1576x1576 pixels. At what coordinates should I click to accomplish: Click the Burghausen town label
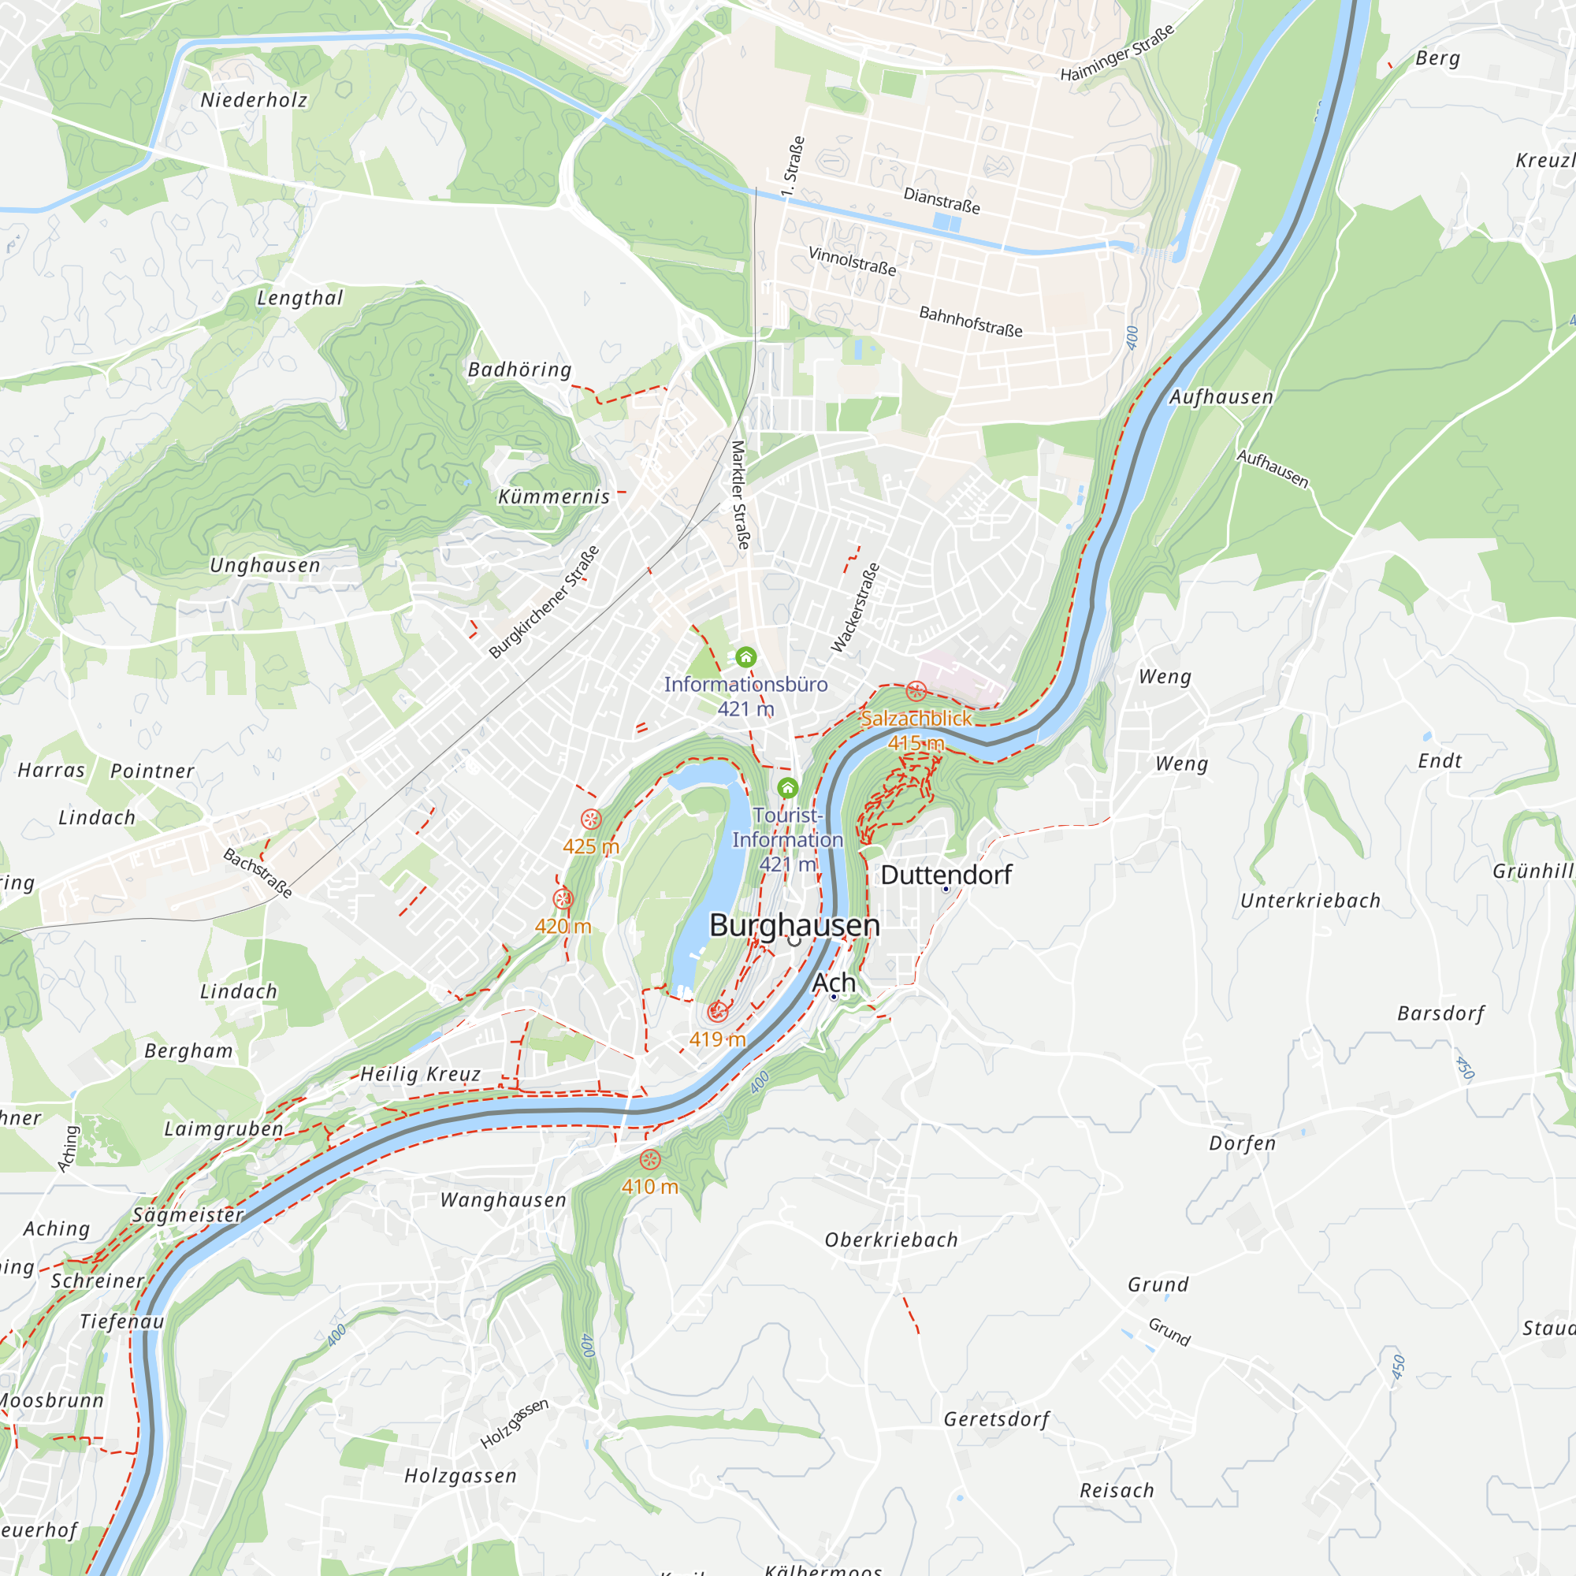pos(794,925)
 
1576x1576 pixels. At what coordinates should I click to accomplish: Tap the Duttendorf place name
pos(946,875)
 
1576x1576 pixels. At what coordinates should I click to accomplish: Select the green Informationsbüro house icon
pos(745,656)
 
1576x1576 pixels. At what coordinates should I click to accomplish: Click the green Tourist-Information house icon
pos(787,787)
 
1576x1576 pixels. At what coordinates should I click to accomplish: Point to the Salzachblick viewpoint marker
pos(916,692)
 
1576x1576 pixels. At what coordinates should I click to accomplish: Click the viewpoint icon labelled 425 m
pos(592,819)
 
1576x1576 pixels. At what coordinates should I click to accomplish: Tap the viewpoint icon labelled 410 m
pos(650,1159)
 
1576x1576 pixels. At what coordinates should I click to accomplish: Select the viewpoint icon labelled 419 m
pos(718,1012)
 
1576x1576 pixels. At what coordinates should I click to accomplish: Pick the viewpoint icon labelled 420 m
pos(563,899)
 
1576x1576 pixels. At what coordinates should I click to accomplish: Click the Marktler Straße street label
pos(740,494)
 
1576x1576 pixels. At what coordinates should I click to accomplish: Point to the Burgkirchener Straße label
pos(544,601)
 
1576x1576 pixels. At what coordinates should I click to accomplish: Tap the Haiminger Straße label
pos(1117,53)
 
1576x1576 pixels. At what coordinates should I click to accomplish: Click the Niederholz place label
pos(255,100)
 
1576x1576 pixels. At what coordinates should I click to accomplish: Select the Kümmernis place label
pos(554,496)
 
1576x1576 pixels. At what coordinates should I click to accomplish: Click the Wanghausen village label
pos(504,1200)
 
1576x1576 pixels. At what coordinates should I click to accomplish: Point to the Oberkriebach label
pos(890,1240)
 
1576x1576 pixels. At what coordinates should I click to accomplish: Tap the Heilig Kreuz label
pos(420,1074)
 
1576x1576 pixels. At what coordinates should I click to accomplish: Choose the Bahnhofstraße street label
pos(971,322)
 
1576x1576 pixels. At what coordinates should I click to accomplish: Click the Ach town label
pos(834,983)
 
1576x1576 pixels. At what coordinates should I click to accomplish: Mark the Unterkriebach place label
pos(1310,901)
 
